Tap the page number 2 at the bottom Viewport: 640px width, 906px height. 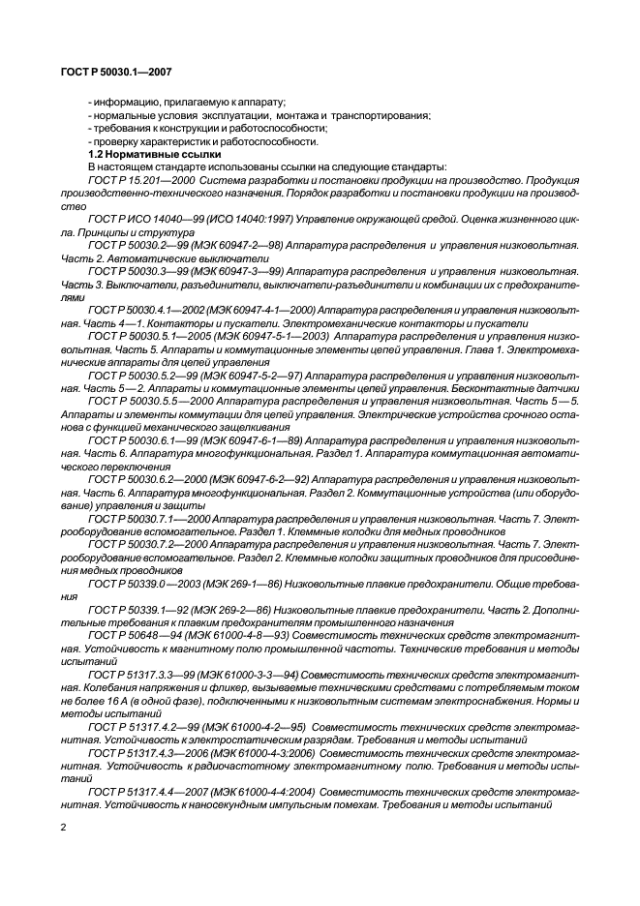[64, 830]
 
